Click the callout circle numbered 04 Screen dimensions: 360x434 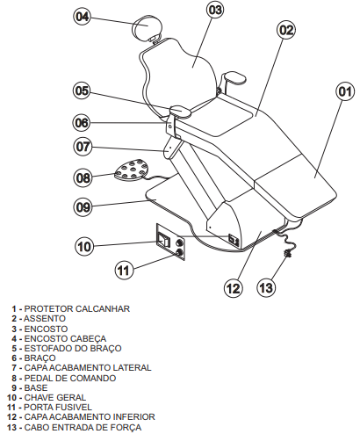(x=83, y=17)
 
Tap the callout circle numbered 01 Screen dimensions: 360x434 (x=345, y=92)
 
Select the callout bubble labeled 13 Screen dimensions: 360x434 (x=266, y=287)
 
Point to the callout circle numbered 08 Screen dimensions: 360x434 (x=83, y=177)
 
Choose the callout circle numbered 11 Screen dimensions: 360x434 (x=124, y=270)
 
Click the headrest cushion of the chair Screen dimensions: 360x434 (x=147, y=27)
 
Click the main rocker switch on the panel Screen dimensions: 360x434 (x=164, y=240)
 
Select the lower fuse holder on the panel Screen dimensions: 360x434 (x=179, y=252)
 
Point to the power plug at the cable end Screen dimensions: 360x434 (x=288, y=253)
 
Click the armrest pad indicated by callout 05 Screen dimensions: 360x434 (x=181, y=111)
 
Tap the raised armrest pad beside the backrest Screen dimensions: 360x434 (x=234, y=77)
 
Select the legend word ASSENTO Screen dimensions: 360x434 (x=45, y=318)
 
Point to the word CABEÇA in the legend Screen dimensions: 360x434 (x=88, y=338)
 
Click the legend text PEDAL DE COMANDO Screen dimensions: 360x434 (x=70, y=378)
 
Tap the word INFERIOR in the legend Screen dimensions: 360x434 (x=130, y=416)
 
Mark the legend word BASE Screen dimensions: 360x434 (x=36, y=387)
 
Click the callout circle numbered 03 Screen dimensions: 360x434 (x=215, y=10)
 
